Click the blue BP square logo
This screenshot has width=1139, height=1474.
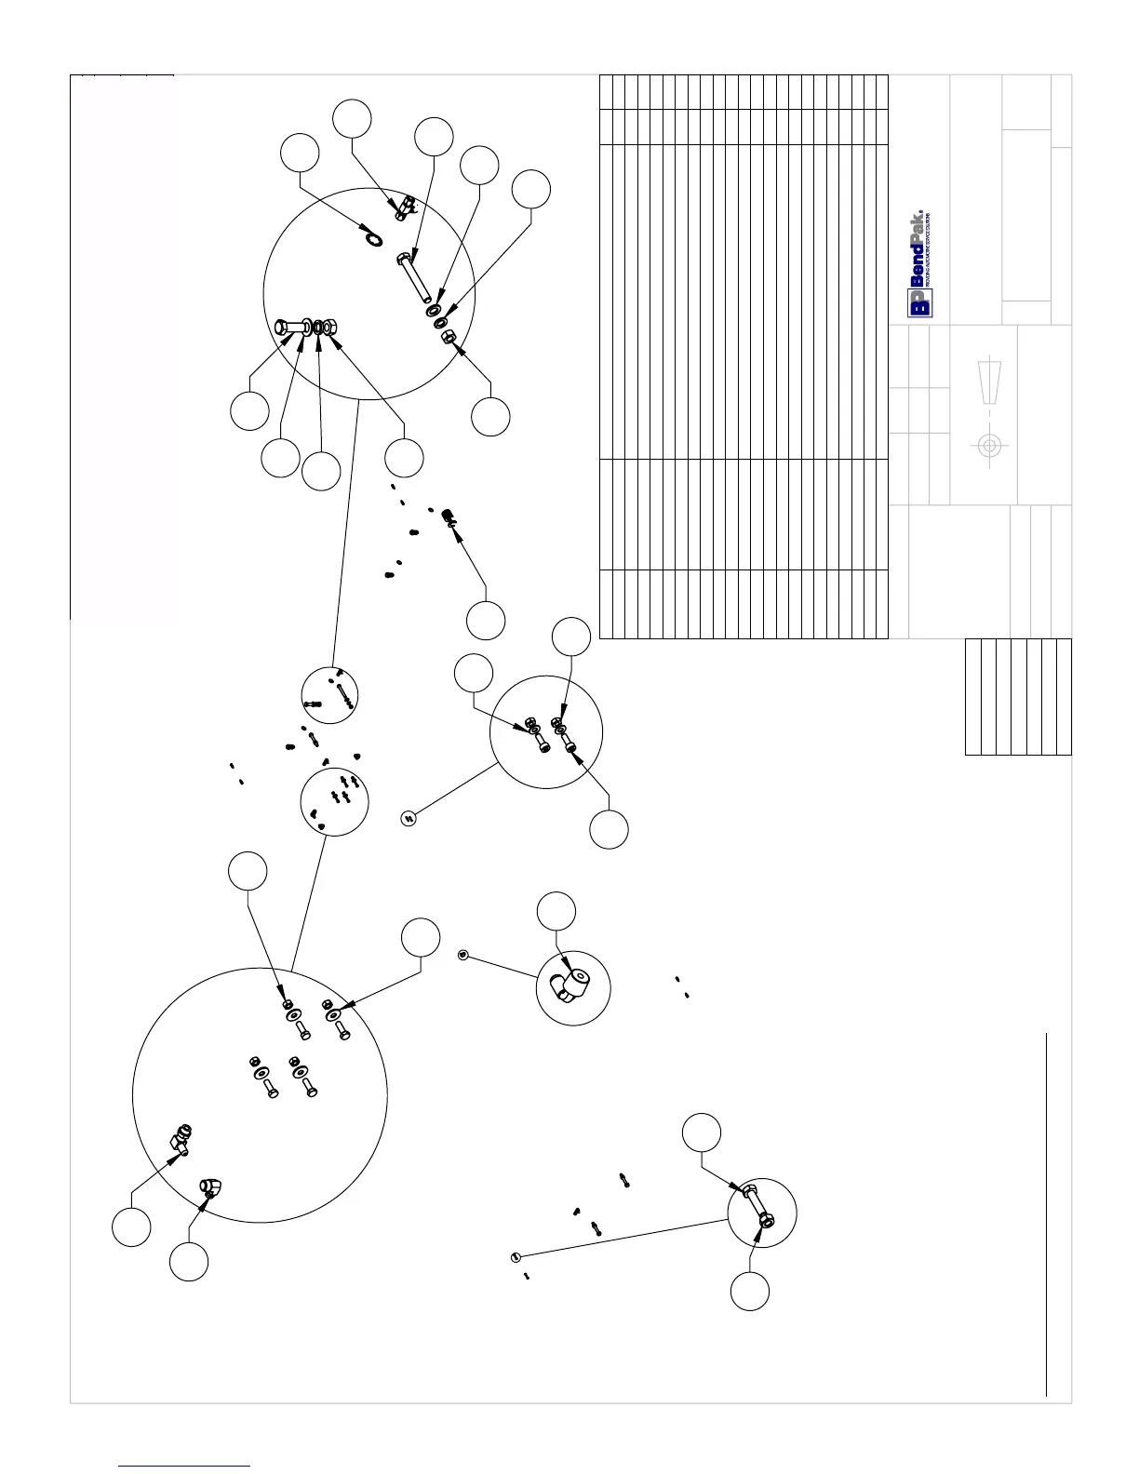tap(920, 303)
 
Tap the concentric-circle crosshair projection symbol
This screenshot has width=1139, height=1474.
tap(989, 446)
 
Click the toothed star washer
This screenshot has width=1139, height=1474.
tap(372, 239)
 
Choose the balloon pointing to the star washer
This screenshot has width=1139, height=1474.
tap(301, 153)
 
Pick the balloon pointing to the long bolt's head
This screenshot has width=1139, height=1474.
tap(433, 137)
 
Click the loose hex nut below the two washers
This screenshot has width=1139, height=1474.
tap(447, 337)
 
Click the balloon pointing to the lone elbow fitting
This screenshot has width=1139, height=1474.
tap(557, 910)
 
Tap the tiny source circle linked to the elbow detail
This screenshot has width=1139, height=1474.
tap(463, 955)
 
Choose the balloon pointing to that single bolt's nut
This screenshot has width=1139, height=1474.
tap(750, 1291)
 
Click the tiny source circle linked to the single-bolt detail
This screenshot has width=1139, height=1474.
tap(515, 1258)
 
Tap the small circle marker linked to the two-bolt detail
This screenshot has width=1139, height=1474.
tap(408, 818)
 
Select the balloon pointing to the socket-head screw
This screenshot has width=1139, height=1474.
tap(486, 621)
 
